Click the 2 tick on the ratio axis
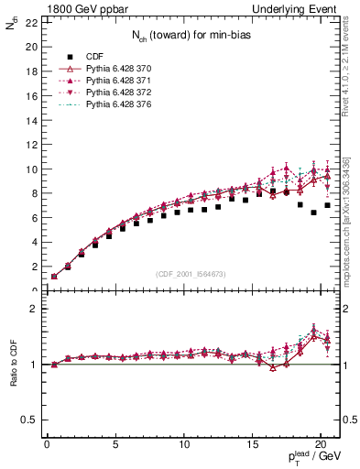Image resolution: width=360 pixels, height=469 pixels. (x=33, y=309)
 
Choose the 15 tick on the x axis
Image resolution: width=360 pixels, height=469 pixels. (x=252, y=446)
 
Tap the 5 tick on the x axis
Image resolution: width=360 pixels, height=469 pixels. (x=115, y=446)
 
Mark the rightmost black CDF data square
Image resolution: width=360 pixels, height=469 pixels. (x=327, y=205)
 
